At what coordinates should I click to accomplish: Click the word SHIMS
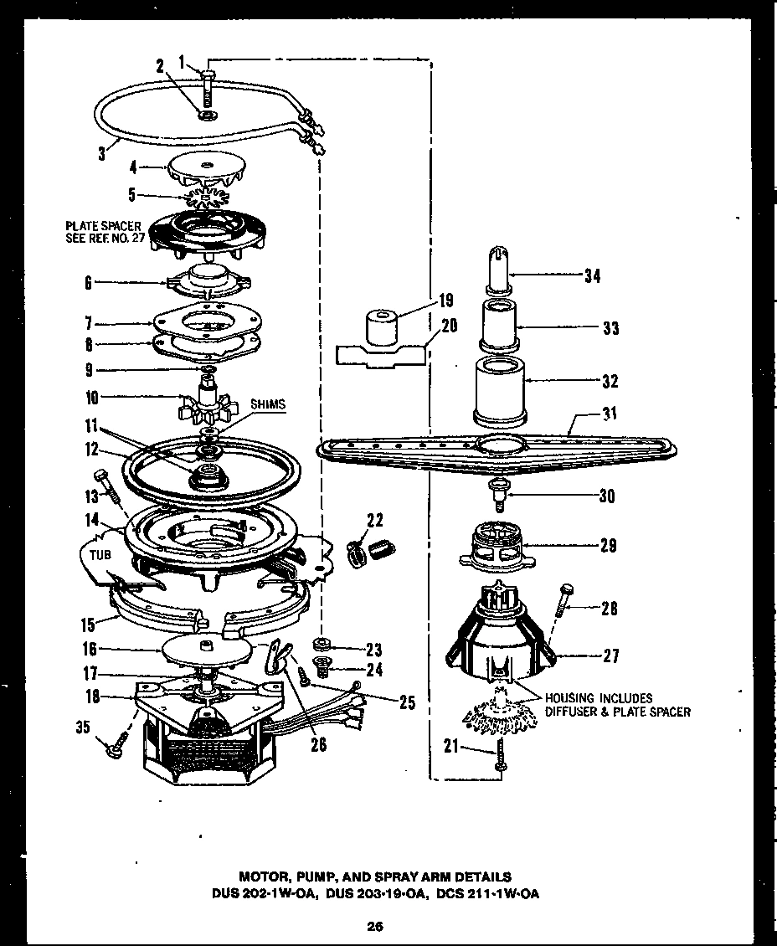(267, 404)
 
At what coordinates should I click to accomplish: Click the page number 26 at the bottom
(374, 926)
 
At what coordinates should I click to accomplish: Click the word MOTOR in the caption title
(262, 877)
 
